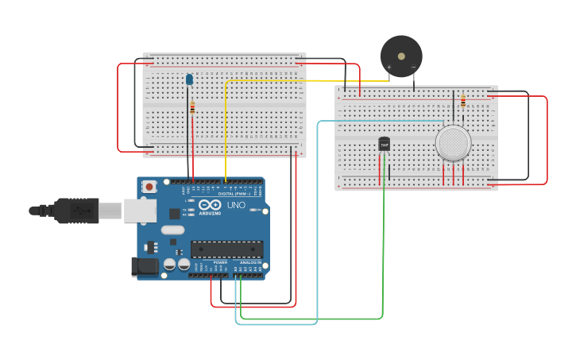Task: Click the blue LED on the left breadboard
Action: (189, 79)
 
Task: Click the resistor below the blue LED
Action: (191, 108)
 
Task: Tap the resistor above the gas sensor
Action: (463, 102)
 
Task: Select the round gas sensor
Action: (453, 143)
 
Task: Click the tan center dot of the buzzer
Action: (401, 56)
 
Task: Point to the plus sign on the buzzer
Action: (389, 68)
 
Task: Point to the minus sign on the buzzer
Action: (413, 68)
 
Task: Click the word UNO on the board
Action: (237, 205)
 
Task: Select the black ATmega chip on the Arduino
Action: (226, 249)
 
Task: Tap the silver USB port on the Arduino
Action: (140, 211)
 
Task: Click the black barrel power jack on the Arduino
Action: (143, 266)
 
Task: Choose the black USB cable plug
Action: (78, 211)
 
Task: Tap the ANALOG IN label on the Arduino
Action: (250, 262)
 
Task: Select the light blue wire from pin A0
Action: (318, 238)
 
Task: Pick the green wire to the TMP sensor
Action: (383, 254)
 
